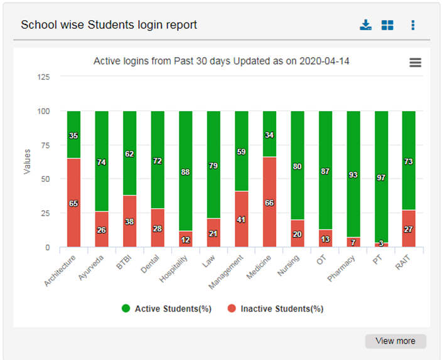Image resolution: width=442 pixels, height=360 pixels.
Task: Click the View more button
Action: [x=395, y=341]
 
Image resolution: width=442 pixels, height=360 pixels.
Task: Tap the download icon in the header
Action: [x=365, y=25]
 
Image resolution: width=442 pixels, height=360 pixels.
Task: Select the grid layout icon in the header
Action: [x=387, y=25]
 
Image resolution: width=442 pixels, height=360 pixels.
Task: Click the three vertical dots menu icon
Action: [x=412, y=25]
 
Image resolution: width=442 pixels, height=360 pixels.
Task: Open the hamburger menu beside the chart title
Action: [x=415, y=63]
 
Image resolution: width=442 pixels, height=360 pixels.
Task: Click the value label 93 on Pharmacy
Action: [x=353, y=175]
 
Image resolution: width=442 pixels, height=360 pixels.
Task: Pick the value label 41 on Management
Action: [x=242, y=220]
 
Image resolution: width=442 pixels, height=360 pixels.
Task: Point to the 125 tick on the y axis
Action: [x=44, y=77]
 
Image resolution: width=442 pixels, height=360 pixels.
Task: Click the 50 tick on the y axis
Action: [x=46, y=179]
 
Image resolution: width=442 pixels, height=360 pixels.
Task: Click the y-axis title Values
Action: [x=27, y=162]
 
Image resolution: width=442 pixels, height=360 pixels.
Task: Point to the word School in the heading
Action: [x=37, y=25]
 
